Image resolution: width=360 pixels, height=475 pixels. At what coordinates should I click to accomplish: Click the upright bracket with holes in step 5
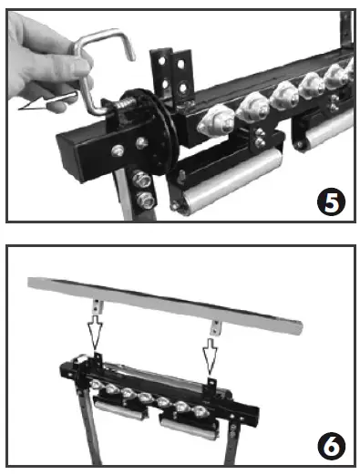pos(177,74)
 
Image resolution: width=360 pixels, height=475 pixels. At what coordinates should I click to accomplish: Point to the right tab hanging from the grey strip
pos(216,325)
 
